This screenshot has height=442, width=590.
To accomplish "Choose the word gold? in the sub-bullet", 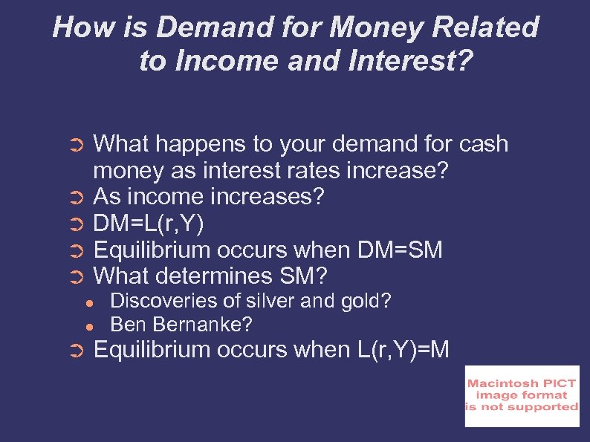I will pyautogui.click(x=364, y=301).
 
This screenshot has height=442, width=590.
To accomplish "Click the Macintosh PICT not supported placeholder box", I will pyautogui.click(x=522, y=396).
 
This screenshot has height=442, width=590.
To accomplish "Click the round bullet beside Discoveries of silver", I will pyautogui.click(x=88, y=302).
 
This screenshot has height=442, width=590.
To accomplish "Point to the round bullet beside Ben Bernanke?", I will pyautogui.click(x=88, y=325).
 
